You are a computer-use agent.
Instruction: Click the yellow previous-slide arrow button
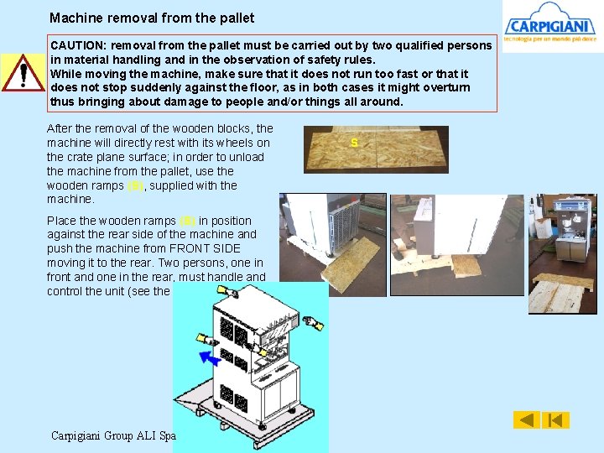[x=526, y=419]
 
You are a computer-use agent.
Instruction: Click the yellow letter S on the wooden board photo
[x=354, y=143]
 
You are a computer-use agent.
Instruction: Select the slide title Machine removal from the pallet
[x=152, y=18]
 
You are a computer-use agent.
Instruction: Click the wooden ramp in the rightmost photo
[x=560, y=292]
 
